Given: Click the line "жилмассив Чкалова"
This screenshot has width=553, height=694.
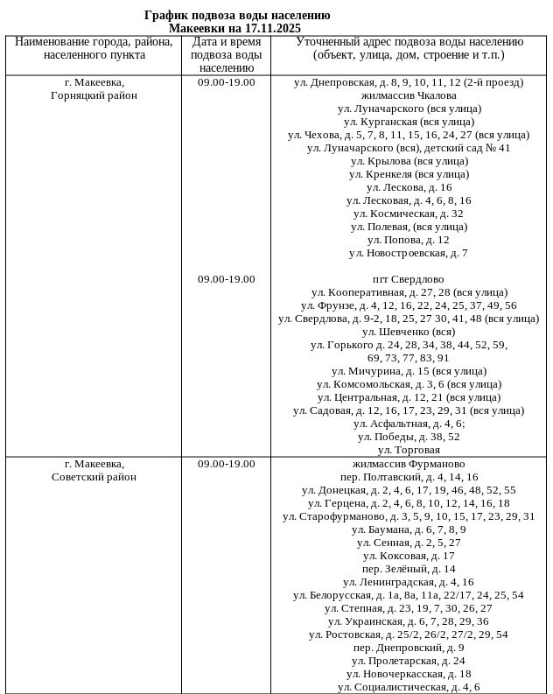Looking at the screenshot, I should coord(409,95).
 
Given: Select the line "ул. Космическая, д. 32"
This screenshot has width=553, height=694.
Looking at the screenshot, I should coord(409,214).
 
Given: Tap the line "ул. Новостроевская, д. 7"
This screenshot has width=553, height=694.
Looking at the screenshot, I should coord(409,253).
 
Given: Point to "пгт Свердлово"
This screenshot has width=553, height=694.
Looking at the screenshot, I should coord(409,279).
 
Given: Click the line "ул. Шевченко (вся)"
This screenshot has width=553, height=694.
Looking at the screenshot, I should coord(409,332).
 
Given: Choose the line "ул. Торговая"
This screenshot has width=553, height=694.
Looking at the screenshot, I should coord(409,450).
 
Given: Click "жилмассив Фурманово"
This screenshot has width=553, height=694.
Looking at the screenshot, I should coord(409,464).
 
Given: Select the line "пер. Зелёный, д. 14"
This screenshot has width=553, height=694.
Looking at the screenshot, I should coord(409,569).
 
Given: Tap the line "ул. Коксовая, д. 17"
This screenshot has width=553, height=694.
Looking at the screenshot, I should coord(409,556).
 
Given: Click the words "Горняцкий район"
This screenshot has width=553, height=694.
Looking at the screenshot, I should coord(94,95).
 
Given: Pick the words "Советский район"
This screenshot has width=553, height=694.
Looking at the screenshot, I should coord(94,477).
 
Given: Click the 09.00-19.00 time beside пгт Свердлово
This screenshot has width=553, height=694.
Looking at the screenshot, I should coord(226,279).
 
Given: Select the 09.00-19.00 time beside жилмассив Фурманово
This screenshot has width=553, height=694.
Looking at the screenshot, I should coord(226,464).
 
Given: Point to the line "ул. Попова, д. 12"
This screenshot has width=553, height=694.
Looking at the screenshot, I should coord(409,240).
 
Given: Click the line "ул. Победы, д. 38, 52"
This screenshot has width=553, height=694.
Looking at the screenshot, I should coord(409,437).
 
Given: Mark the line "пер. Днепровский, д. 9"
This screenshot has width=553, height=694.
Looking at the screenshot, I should coord(409,648).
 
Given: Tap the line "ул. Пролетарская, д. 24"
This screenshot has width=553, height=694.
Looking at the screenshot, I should coord(409,661).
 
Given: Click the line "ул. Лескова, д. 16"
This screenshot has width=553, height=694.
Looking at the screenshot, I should coord(409,187).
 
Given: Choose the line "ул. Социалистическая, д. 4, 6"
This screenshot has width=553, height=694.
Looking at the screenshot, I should coord(409,687).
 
